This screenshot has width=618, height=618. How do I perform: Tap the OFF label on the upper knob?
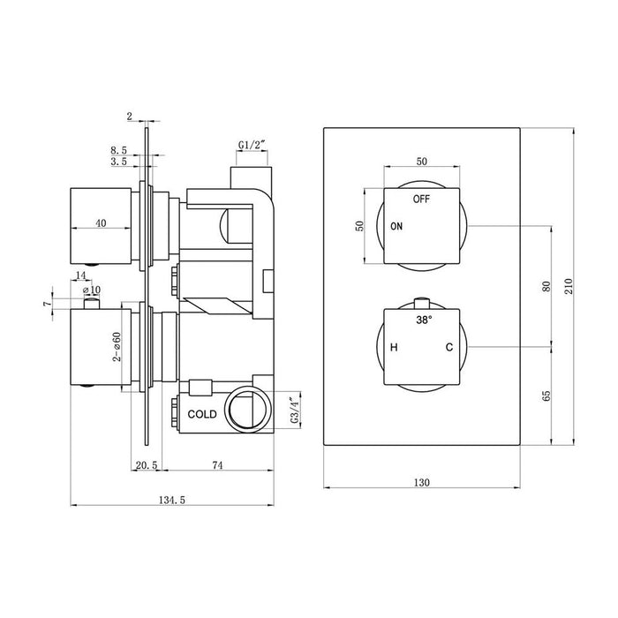pos(421,199)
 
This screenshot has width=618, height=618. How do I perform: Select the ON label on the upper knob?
pos(396,227)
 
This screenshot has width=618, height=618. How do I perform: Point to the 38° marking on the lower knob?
pos(425,320)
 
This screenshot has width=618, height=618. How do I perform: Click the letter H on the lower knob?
pos(394,349)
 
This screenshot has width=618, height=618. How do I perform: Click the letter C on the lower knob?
pos(448,349)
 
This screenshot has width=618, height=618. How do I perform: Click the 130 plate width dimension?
pos(421,482)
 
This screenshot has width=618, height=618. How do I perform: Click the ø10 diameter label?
pos(91,290)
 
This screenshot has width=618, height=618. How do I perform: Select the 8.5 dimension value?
pos(118,151)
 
